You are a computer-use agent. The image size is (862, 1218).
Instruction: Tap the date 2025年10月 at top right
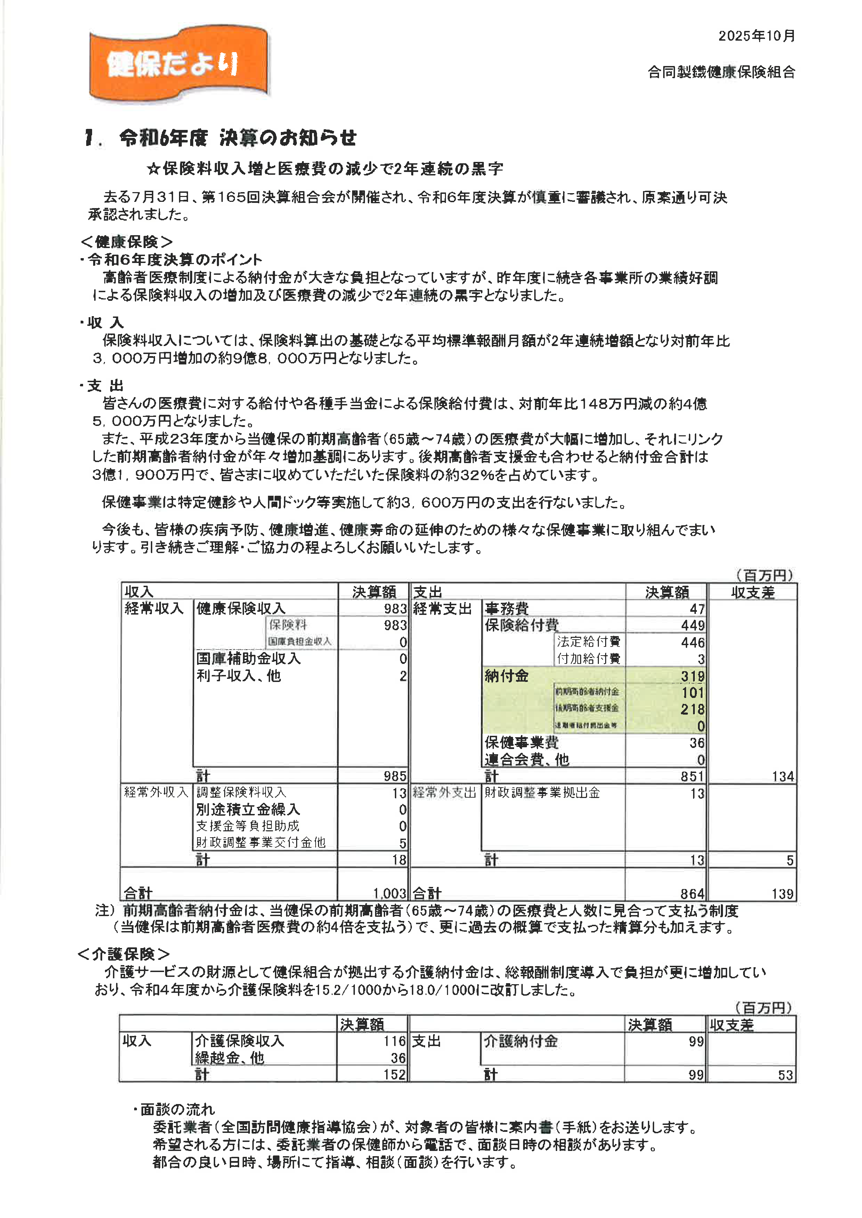pos(756,36)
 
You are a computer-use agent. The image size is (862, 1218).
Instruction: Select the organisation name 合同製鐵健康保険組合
pos(721,72)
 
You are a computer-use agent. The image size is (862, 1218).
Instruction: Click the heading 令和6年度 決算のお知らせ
pos(237,139)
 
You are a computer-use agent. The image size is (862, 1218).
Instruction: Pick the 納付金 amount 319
pos(693,676)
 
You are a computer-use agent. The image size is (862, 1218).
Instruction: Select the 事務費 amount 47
pos(697,609)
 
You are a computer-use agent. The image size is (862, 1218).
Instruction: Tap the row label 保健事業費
pos(521,742)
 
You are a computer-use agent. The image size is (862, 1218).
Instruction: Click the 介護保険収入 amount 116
pos(395,1042)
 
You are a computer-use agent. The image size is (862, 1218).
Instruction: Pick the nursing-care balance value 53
pos(786,1075)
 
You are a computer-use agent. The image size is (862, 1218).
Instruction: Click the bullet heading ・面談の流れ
pos(174,1110)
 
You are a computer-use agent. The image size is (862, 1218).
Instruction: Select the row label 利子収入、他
pos(238,676)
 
